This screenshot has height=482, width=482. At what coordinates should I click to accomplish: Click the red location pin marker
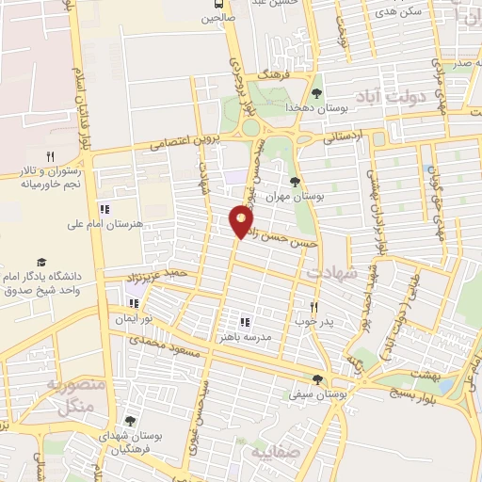pos(241,220)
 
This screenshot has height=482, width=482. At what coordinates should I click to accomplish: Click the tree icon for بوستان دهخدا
pos(316,93)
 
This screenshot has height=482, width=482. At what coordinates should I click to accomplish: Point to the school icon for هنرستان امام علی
pos(104,209)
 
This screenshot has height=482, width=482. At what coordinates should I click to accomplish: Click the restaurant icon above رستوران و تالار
pos(51,156)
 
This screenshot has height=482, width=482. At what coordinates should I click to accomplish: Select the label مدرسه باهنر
pos(245,336)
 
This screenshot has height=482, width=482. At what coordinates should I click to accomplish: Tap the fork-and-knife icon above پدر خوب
pos(316,308)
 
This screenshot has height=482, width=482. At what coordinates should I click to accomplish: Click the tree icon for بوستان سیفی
pos(317,380)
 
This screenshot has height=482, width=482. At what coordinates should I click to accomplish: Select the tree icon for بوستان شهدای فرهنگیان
pos(129,422)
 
